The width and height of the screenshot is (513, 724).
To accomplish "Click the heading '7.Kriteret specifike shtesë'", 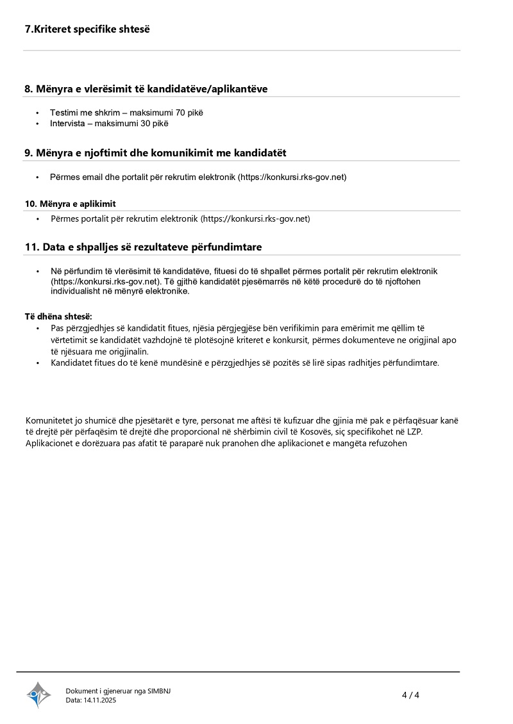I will coord(87,29).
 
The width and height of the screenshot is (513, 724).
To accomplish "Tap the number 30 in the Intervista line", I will coord(146,123).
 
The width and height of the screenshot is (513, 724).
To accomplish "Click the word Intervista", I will coord(67,123).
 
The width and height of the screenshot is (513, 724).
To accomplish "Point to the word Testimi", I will coord(64,113).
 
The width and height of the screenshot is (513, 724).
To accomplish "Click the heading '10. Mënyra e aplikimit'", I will coord(70,204).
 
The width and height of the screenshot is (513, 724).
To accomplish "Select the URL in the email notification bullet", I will coord(292,177).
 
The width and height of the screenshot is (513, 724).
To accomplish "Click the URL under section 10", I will coord(255,219).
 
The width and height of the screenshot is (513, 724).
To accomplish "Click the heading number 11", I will coord(31,247).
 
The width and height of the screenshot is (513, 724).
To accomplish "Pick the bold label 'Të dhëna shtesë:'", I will coord(58,317).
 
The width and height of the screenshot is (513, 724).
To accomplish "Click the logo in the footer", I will coord(38,695).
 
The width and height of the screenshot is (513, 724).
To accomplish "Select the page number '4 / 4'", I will coord(410,695).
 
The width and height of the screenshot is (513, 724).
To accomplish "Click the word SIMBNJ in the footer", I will coord(159,691).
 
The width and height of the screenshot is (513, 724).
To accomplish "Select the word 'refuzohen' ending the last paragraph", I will coord(387,443).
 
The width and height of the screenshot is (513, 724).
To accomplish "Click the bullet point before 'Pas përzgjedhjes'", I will coord(38,329).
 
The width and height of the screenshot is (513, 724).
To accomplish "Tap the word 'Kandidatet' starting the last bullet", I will coord(72,363).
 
